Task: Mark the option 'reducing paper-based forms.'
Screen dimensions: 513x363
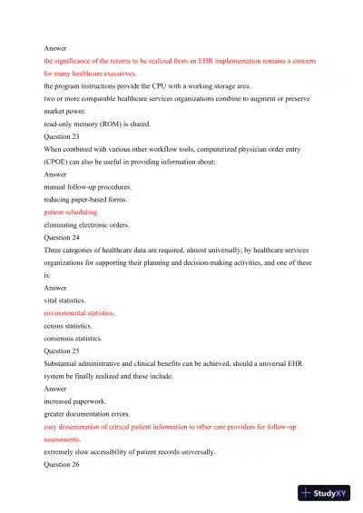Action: click(89, 198)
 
